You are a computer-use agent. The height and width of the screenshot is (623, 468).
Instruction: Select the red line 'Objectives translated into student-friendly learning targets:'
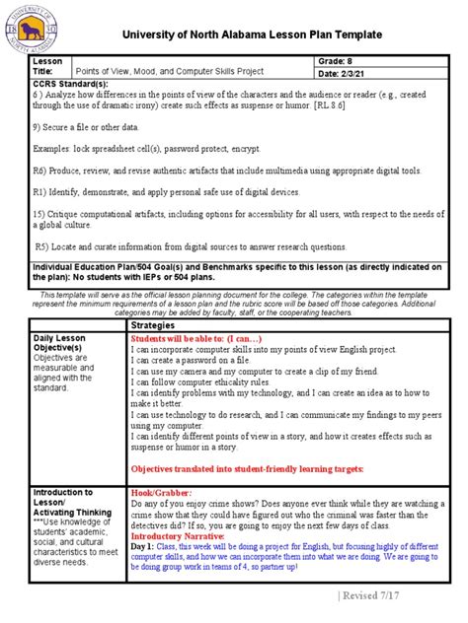[x=248, y=468]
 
